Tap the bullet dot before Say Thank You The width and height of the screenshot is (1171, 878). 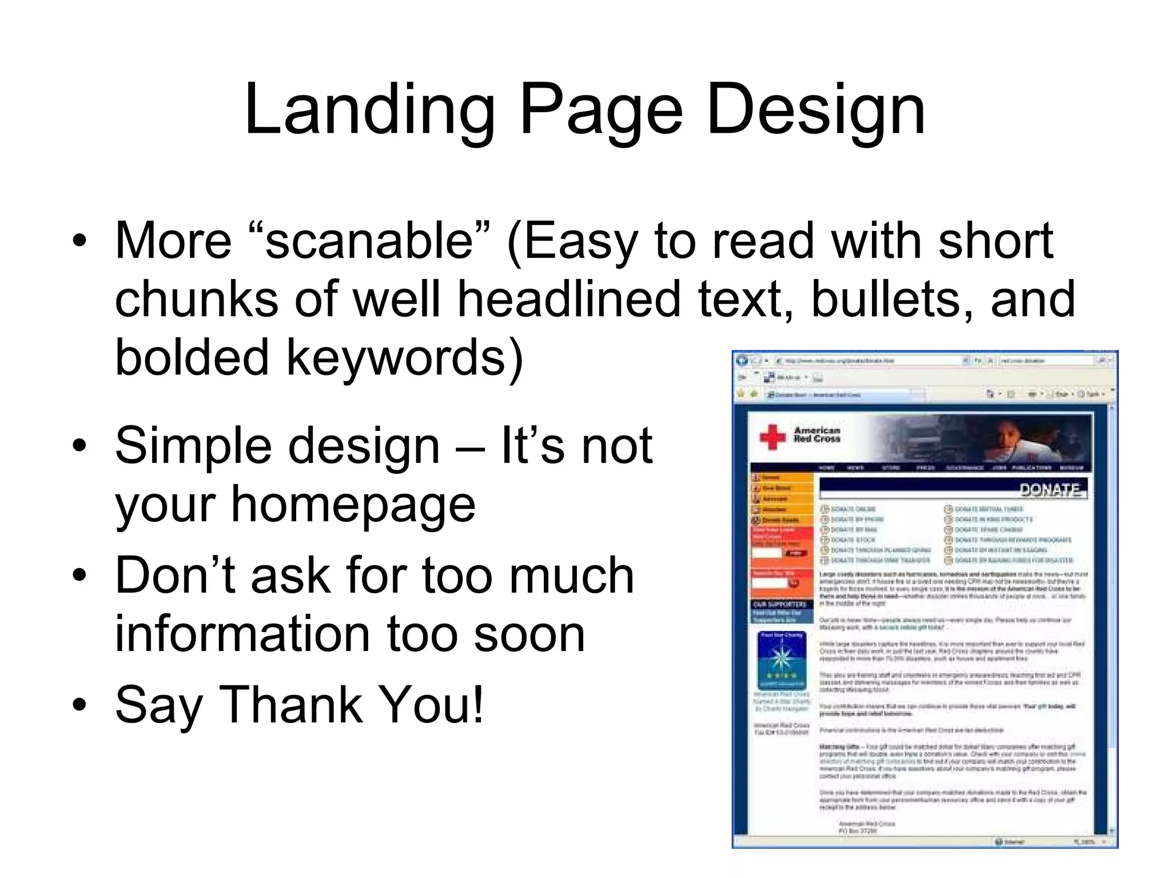point(79,704)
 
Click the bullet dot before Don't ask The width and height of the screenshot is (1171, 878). point(79,575)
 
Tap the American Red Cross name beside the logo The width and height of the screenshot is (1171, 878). point(816,434)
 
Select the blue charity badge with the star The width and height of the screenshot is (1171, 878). point(781,660)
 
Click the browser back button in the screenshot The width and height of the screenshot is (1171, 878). point(742,360)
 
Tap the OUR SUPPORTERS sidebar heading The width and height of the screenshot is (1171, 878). point(779,604)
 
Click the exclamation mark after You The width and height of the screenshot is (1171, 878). point(478,704)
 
